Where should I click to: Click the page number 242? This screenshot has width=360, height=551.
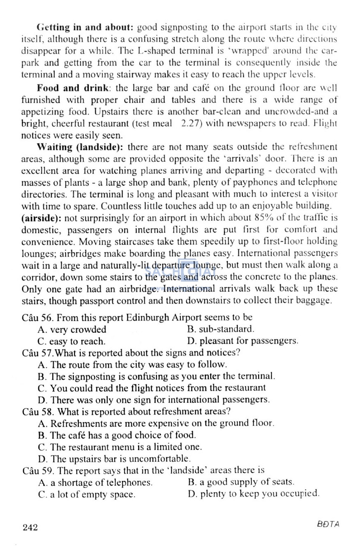[x=30, y=527]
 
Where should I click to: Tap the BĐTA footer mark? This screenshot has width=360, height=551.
[x=328, y=524]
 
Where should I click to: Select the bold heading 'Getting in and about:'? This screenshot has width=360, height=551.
[x=85, y=27]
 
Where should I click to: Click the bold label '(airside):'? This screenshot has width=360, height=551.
[x=41, y=218]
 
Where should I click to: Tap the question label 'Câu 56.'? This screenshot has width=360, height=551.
[x=37, y=318]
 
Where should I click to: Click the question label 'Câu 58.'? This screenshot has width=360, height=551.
[x=38, y=411]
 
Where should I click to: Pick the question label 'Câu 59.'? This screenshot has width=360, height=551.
[x=38, y=470]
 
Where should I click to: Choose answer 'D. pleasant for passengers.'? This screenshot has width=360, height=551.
[x=243, y=341]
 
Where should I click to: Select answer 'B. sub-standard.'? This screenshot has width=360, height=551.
[x=220, y=329]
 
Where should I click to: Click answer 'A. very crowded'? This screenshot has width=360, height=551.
[x=72, y=329]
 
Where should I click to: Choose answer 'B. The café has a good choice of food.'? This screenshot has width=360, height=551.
[x=117, y=435]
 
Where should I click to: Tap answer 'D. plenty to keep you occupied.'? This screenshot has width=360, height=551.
[x=253, y=493]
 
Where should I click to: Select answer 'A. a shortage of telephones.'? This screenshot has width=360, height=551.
[x=95, y=482]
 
